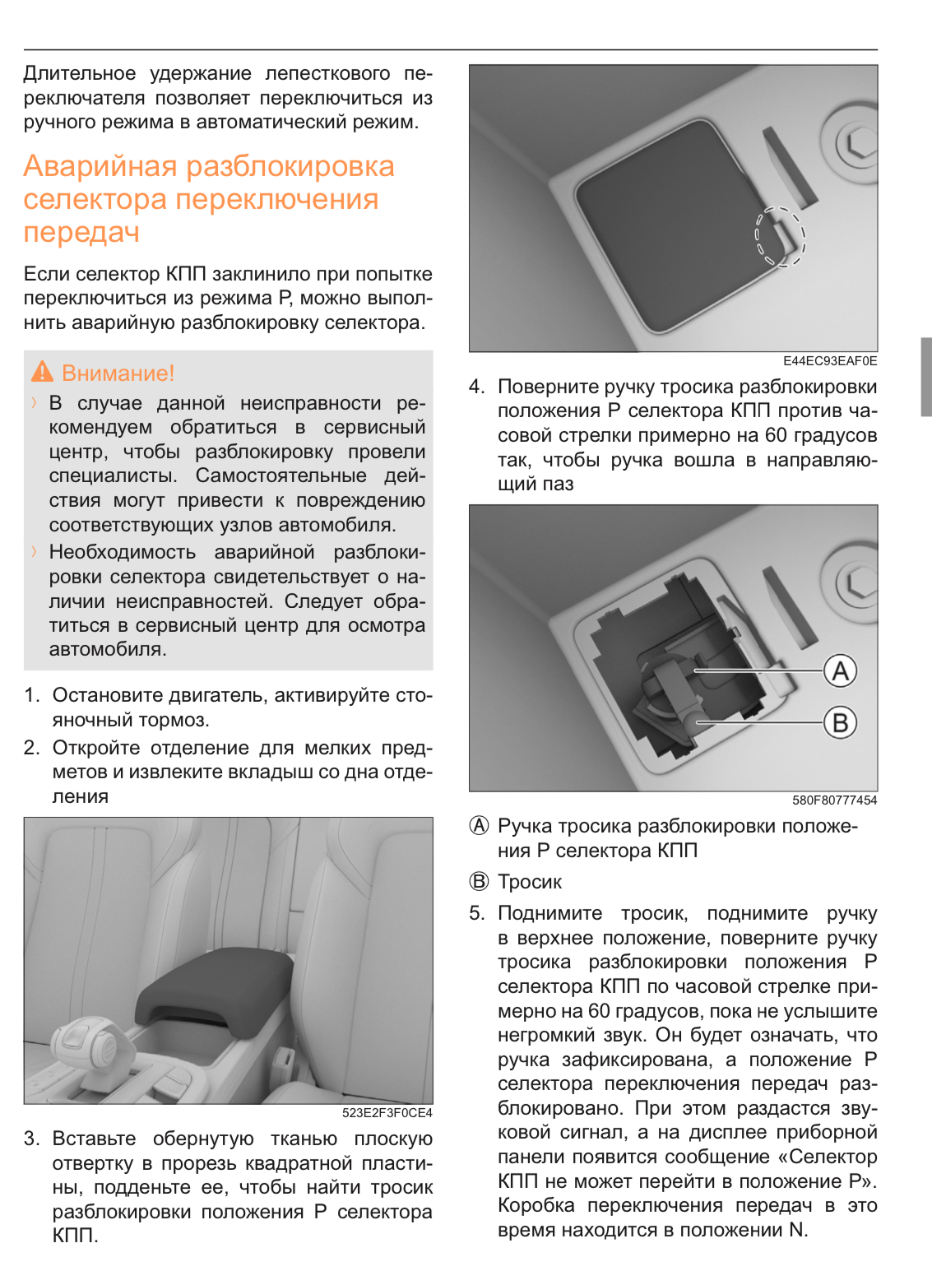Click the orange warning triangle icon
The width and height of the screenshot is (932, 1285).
pyautogui.click(x=42, y=372)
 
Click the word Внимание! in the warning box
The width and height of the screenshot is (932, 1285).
pyautogui.click(x=118, y=373)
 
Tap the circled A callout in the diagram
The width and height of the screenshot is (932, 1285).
pyautogui.click(x=840, y=671)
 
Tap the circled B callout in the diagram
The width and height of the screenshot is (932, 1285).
pyautogui.click(x=840, y=723)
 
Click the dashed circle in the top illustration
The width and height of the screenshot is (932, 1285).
pyautogui.click(x=780, y=237)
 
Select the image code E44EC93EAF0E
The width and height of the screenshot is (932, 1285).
pyautogui.click(x=829, y=361)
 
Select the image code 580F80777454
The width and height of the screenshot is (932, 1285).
pyautogui.click(x=834, y=800)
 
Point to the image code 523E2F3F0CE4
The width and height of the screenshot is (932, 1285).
pyautogui.click(x=387, y=1113)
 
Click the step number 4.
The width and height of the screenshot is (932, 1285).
pyautogui.click(x=476, y=387)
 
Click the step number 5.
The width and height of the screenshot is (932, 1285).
pyautogui.click(x=476, y=913)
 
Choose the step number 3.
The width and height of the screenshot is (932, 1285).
pyautogui.click(x=31, y=1139)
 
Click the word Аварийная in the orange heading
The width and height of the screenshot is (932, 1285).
pyautogui.click(x=100, y=166)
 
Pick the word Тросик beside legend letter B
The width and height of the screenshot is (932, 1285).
pyautogui.click(x=530, y=882)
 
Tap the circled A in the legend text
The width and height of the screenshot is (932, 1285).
pyautogui.click(x=479, y=826)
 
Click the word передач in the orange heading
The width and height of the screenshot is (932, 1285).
pyautogui.click(x=81, y=233)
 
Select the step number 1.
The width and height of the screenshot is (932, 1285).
pyautogui.click(x=31, y=695)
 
